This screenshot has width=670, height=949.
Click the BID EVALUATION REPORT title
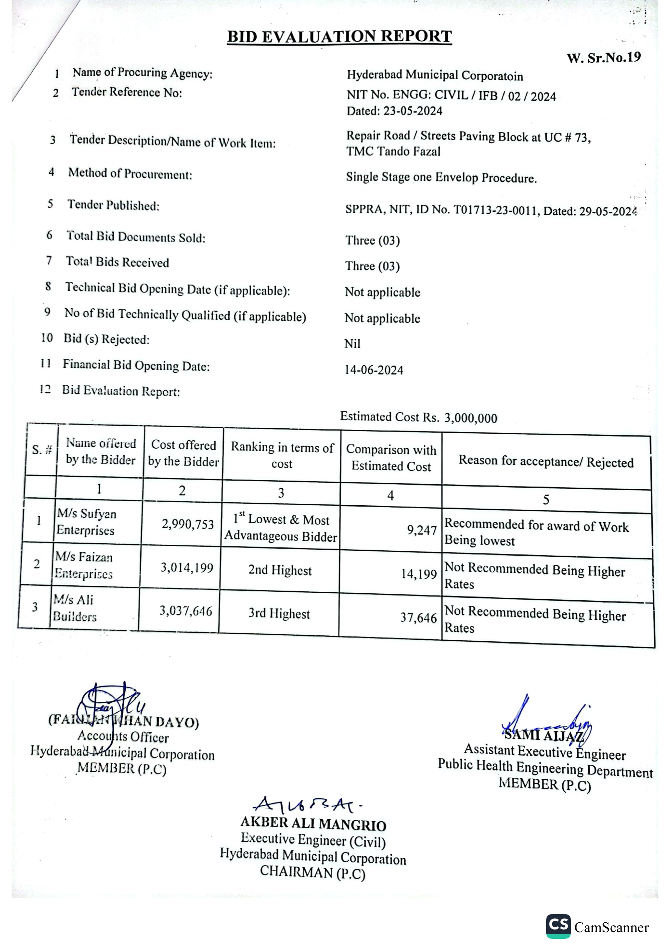(339, 36)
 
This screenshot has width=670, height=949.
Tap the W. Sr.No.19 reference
(604, 57)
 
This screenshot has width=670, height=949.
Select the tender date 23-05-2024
(412, 111)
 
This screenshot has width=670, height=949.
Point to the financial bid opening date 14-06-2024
(374, 370)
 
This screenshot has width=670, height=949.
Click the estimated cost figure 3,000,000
(470, 418)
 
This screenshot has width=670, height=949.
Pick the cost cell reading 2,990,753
(188, 524)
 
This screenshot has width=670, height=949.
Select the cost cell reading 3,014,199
(187, 568)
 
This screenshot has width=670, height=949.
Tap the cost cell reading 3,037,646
(186, 611)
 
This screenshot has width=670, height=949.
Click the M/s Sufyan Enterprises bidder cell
(86, 521)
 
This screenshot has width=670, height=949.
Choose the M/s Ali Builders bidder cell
(74, 607)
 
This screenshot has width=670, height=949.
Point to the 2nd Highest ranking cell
(280, 570)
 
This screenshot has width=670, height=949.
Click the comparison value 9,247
(422, 530)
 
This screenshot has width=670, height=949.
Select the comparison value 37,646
(418, 618)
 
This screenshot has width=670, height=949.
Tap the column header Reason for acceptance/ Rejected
(546, 461)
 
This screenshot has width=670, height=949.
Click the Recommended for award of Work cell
(536, 533)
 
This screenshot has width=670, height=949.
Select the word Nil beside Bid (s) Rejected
(352, 343)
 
